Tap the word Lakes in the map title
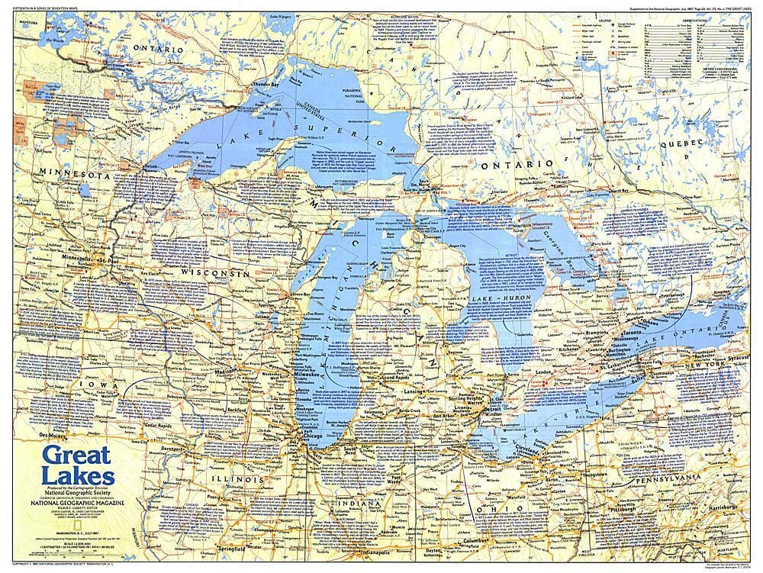click(80, 478)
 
